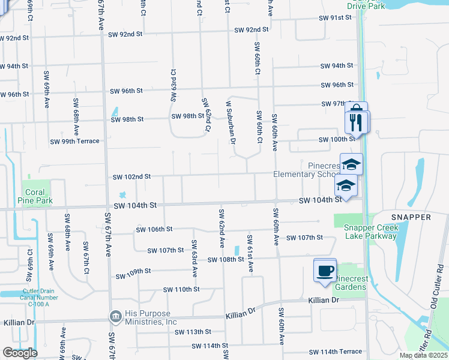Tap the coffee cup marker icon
tap(325, 270)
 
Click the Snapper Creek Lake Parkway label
tap(370, 232)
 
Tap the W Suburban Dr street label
tap(229, 122)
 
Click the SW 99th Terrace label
tap(74, 142)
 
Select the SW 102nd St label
tap(131, 177)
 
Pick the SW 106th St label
tap(154, 229)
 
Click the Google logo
tap(19, 353)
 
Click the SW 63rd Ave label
tap(194, 258)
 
